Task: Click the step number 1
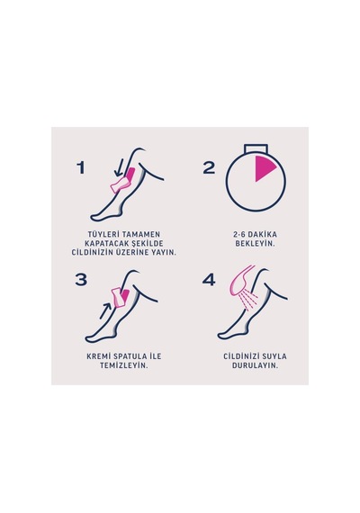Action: [80, 167]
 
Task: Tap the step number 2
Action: [209, 167]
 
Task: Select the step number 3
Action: [81, 280]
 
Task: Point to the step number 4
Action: [209, 280]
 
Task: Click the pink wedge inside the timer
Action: [265, 168]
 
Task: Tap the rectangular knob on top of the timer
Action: [256, 148]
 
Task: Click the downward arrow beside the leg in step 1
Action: [118, 169]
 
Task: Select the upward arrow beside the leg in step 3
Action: [105, 310]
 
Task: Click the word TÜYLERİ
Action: [103, 234]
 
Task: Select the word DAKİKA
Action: [262, 234]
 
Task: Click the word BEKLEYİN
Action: [255, 243]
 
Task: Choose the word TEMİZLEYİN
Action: [124, 365]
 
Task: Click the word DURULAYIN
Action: [255, 365]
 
